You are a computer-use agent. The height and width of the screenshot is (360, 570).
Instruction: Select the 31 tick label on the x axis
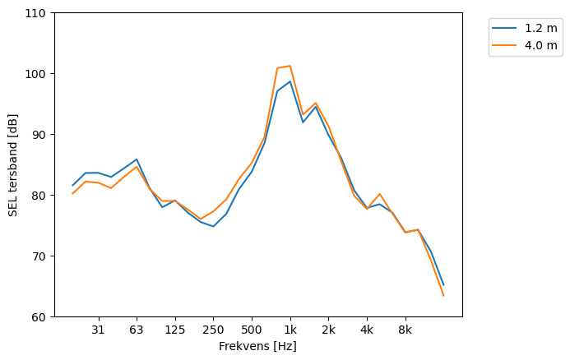pyautogui.click(x=98, y=330)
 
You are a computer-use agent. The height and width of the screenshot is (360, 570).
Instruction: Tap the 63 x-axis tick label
pyautogui.click(x=137, y=330)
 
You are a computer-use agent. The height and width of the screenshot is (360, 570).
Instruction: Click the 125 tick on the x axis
pyautogui.click(x=175, y=330)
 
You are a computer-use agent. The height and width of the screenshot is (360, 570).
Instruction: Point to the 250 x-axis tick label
pyautogui.click(x=213, y=330)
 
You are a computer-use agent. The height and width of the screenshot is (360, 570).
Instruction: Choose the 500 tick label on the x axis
pyautogui.click(x=252, y=330)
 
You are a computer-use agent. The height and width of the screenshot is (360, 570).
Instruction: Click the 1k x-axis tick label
pyautogui.click(x=290, y=330)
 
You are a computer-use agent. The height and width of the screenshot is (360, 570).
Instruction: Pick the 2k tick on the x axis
pyautogui.click(x=328, y=330)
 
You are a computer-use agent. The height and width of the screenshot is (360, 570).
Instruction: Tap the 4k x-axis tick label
pyautogui.click(x=367, y=330)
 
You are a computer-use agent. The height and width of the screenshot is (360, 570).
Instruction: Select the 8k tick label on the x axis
pyautogui.click(x=405, y=330)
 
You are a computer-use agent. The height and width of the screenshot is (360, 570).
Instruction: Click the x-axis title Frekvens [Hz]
pyautogui.click(x=257, y=346)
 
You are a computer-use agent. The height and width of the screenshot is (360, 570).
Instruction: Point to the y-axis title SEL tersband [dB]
pyautogui.click(x=12, y=165)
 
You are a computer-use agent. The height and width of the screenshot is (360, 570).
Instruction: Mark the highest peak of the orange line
pyautogui.click(x=290, y=66)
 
